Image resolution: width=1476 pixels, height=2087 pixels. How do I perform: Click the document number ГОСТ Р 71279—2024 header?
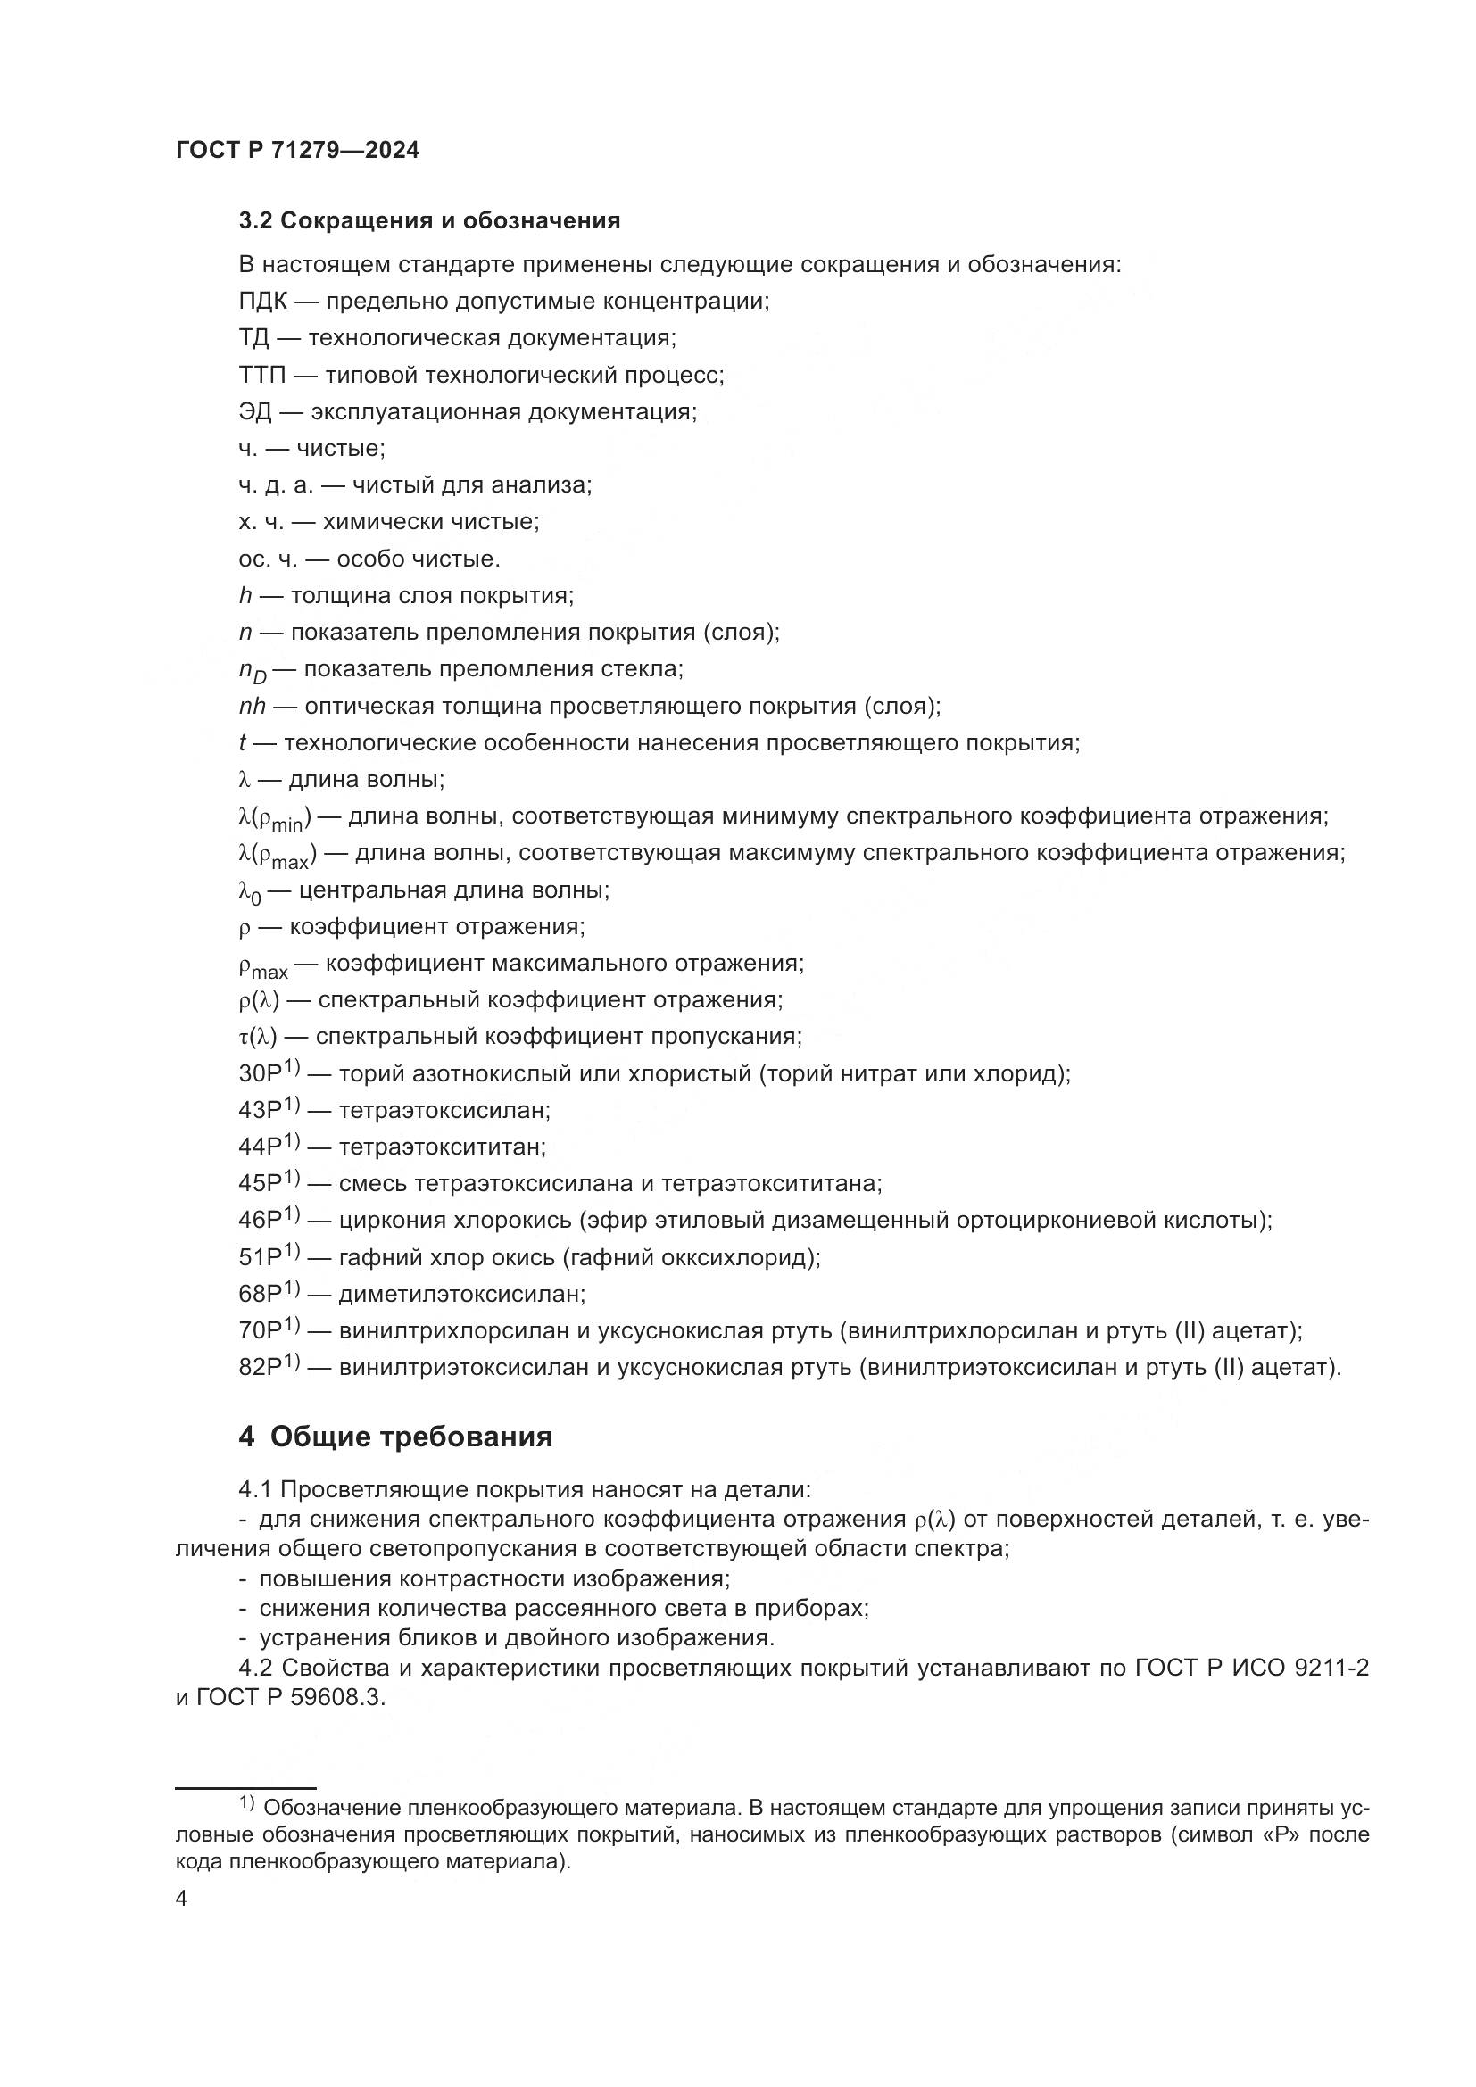tap(297, 151)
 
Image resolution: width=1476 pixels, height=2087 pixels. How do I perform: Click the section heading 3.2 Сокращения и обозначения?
tap(429, 221)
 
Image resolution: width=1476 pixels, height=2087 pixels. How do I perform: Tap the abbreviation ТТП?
tap(262, 376)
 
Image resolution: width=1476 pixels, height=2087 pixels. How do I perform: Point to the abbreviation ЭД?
tap(254, 411)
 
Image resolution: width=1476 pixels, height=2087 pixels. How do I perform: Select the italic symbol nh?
tap(252, 707)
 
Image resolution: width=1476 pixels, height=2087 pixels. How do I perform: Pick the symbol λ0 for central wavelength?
tap(249, 891)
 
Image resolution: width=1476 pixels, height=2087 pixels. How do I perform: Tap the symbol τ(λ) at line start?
tap(258, 1037)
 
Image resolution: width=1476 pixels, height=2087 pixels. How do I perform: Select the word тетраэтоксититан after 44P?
tap(442, 1148)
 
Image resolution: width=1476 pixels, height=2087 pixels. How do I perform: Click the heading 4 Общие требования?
tap(395, 1437)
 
